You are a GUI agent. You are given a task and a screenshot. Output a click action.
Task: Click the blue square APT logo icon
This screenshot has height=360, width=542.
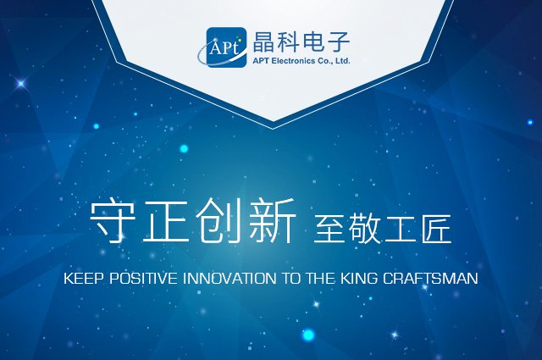tap(227, 47)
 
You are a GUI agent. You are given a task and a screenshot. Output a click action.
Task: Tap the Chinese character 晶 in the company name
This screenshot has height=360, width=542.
tap(263, 42)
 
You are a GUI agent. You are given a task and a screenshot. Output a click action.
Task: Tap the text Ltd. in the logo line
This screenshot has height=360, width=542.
tap(343, 61)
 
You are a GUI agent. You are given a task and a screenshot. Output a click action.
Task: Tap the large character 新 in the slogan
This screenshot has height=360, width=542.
tap(273, 221)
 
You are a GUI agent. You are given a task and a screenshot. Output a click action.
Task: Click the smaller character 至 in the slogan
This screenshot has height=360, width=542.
tap(329, 228)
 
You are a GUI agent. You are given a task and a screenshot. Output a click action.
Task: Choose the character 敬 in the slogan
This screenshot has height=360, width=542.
tap(365, 228)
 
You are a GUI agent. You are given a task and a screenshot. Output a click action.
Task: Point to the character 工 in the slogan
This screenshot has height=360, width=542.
tap(401, 228)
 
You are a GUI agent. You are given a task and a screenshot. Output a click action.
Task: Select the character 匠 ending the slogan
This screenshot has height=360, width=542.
tap(436, 228)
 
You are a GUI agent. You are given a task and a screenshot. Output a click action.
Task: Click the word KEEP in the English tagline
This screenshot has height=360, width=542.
tap(85, 279)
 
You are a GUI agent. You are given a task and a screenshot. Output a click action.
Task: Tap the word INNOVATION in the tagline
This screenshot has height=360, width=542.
tap(230, 279)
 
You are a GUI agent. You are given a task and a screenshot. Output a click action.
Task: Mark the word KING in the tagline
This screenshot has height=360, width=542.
tap(359, 279)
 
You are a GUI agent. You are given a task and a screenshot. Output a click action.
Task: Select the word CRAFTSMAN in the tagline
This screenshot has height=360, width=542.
tap(430, 279)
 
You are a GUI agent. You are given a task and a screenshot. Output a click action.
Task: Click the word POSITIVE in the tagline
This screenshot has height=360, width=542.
tap(144, 279)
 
